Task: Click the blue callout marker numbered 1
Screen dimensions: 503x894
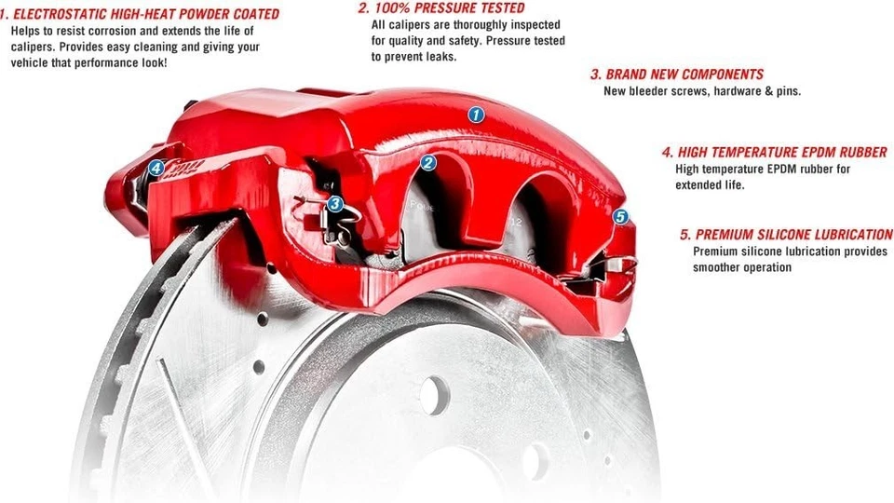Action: (476, 115)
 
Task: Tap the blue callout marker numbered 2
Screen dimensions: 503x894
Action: (427, 163)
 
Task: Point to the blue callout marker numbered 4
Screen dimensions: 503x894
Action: (156, 169)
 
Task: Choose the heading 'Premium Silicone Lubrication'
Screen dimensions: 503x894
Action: (787, 235)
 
